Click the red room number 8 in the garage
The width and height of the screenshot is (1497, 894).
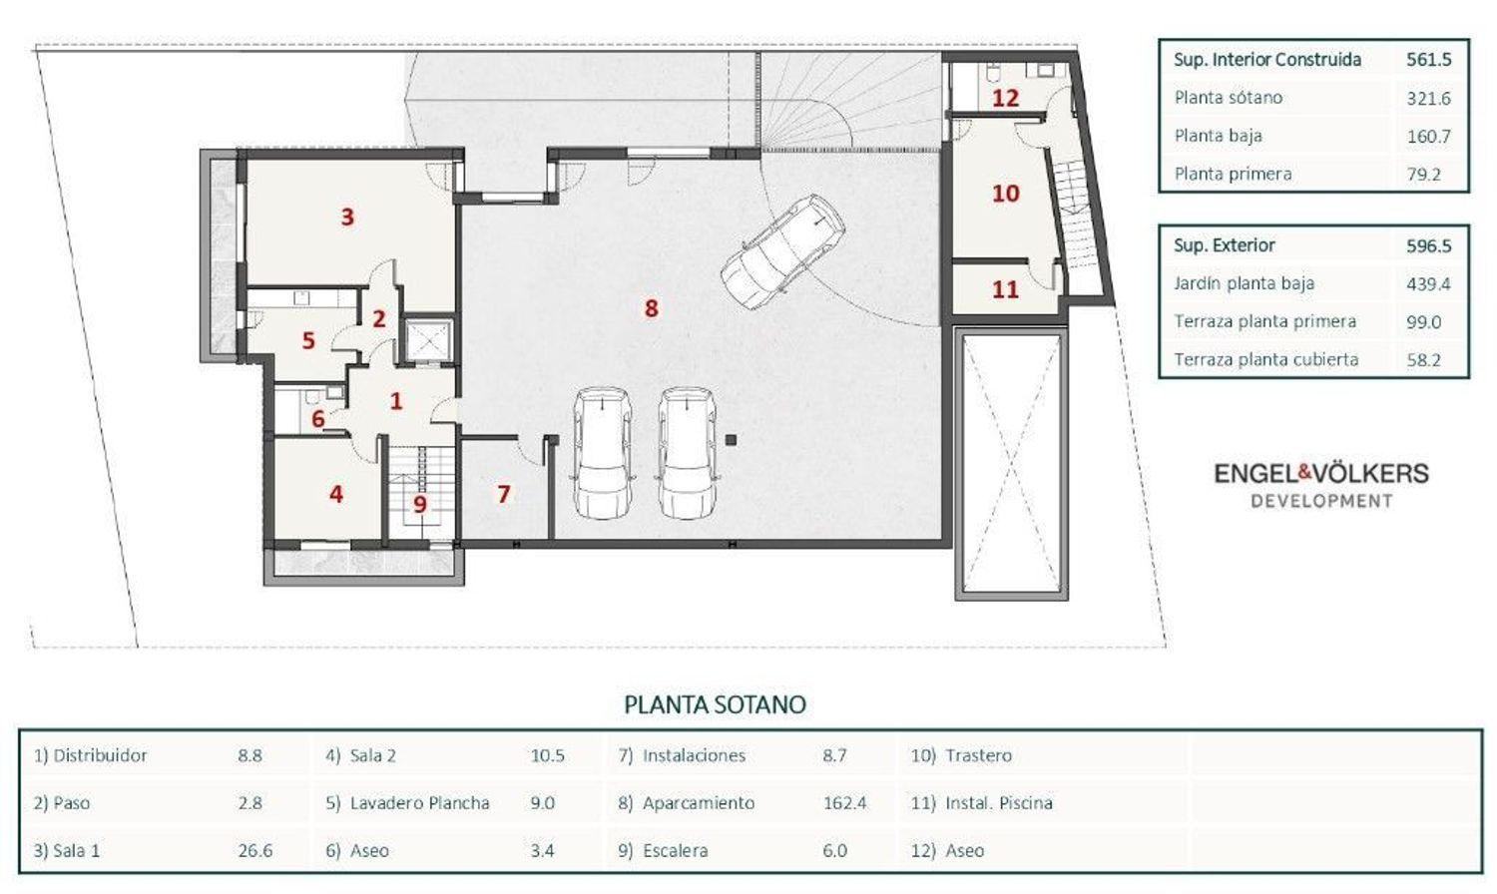pos(651,308)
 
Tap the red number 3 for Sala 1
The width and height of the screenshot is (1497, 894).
pos(347,217)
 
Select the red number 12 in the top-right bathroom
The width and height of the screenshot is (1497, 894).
pos(1005,98)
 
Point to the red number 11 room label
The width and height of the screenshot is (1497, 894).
pos(1005,289)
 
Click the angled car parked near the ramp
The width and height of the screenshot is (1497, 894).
pos(782,251)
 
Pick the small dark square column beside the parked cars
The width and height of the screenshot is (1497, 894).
pos(731,440)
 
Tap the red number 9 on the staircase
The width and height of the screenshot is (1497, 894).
pos(420,504)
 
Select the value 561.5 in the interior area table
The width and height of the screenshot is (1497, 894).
pos(1429,60)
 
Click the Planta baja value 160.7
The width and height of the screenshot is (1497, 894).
pos(1429,137)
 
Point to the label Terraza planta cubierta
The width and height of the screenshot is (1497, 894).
pos(1265,359)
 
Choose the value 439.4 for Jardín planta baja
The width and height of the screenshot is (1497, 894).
pos(1428,284)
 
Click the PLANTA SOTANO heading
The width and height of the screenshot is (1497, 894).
pos(716,704)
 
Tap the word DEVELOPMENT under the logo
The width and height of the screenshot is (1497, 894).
pos(1322,501)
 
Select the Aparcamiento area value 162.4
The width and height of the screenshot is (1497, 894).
pos(844,802)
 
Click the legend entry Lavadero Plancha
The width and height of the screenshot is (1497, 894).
pos(420,802)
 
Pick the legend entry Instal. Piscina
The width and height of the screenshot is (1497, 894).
pos(998,802)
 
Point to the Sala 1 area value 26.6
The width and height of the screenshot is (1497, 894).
pos(254,850)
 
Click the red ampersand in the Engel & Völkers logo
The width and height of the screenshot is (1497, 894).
pos(1305,473)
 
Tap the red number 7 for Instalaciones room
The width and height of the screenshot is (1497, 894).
pos(503,494)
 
